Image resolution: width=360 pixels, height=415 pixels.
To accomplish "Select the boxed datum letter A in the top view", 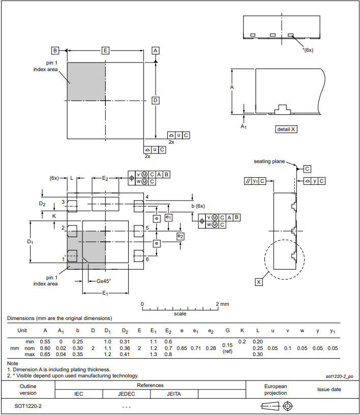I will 156,50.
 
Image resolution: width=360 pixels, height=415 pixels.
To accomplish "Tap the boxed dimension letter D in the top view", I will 156,100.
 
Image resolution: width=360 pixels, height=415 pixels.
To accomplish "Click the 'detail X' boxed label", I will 286,129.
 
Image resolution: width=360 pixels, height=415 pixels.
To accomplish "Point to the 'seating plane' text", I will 269,162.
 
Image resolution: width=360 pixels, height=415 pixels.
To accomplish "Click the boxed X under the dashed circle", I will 259,281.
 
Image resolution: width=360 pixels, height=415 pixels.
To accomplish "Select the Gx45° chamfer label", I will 104,281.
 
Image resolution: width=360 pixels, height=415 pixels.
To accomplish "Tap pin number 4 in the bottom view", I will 147,197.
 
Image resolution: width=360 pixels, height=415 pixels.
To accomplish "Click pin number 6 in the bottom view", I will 147,260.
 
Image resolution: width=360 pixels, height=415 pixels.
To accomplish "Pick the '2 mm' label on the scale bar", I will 222,304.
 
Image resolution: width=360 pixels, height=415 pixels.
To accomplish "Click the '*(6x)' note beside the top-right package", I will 308,50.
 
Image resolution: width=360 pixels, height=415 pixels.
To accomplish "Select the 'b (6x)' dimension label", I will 198,206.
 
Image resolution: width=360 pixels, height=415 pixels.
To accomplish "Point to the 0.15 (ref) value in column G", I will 227,348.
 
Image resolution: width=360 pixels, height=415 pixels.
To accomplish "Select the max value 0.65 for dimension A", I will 45,355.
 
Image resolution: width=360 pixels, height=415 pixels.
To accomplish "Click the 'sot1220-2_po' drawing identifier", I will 339,376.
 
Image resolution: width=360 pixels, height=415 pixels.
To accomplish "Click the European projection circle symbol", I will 288,406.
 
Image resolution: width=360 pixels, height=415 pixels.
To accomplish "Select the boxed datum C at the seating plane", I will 307,168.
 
